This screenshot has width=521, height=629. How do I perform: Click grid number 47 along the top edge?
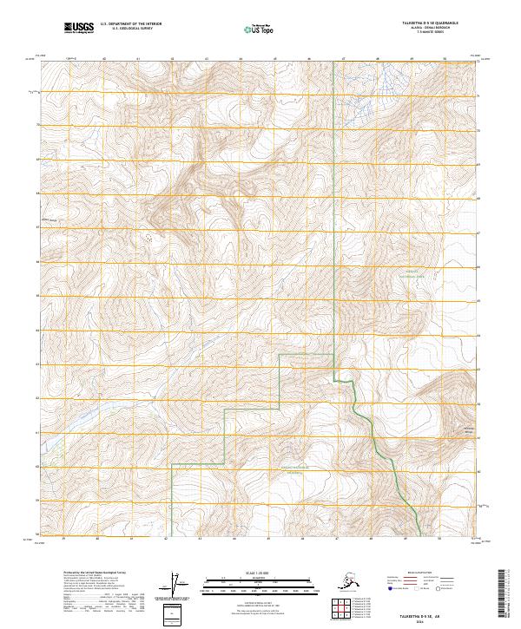[343, 59]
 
